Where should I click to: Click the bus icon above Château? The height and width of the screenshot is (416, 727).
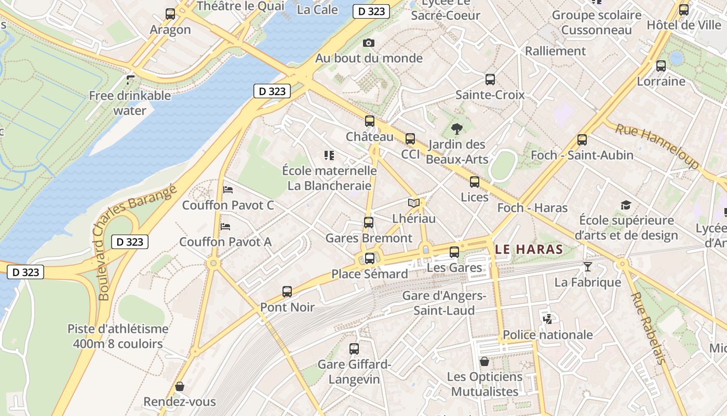point(370,121)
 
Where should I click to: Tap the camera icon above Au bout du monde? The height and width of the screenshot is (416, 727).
point(369,43)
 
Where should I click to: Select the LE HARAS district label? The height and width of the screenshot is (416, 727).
point(529,249)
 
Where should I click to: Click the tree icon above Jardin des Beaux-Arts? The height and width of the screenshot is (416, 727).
point(457,128)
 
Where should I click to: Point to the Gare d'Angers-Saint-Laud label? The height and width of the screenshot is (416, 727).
point(444,303)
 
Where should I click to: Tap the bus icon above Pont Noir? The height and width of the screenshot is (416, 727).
point(287,292)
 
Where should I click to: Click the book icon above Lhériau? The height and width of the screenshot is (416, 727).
point(413,203)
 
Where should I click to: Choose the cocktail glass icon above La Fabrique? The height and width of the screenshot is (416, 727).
point(587,267)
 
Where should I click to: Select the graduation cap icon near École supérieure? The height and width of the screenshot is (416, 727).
point(626,205)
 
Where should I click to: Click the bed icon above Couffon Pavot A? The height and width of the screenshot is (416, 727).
point(225,226)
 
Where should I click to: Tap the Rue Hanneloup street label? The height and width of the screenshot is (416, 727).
point(657,146)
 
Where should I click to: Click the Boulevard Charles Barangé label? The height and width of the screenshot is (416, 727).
point(137,242)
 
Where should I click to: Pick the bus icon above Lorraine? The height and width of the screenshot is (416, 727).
point(661,66)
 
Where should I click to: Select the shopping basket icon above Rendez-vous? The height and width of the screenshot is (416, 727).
point(180,386)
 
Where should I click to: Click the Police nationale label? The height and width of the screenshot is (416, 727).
point(548,334)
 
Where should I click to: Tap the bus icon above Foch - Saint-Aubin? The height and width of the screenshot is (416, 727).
point(582,139)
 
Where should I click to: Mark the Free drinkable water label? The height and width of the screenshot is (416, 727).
point(130,102)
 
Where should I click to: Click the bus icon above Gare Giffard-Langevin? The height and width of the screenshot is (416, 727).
point(354,349)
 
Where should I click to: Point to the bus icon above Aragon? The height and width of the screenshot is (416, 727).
point(170,14)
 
